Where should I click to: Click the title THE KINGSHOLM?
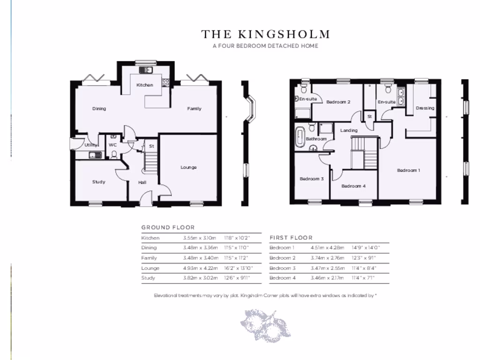(x=266, y=34)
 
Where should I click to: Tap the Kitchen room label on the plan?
(x=145, y=85)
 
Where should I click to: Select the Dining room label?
(x=99, y=109)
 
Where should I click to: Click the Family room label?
(x=194, y=109)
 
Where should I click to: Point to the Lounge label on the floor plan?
(x=188, y=167)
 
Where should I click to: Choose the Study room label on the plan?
(x=98, y=182)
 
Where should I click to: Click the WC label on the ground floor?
(x=112, y=145)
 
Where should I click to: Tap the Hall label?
(x=142, y=182)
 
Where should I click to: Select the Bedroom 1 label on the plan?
(x=408, y=171)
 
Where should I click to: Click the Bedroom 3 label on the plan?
(x=312, y=179)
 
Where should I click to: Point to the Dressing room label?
(x=425, y=108)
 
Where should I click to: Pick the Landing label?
(x=349, y=130)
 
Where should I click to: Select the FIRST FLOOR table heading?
(x=291, y=238)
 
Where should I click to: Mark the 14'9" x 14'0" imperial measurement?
(x=366, y=248)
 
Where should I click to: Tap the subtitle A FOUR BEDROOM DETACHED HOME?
(x=265, y=46)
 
